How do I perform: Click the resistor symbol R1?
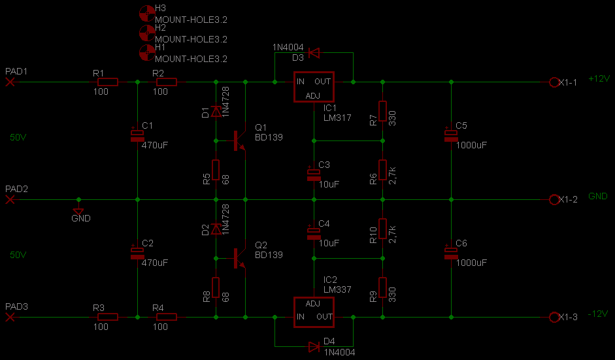coord(107,82)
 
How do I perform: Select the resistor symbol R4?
coord(166,317)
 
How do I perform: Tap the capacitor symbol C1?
coord(137,135)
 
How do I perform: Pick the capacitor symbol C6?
coord(451,253)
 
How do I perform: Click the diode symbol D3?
coord(314,52)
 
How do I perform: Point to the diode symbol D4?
coord(314,347)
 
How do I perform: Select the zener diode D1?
coord(216,111)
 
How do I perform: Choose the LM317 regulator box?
coord(314,87)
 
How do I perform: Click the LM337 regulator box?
coord(314,312)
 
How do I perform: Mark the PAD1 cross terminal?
coord(10,82)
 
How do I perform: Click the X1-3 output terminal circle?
coord(554,317)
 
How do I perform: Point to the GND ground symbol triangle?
coord(78,212)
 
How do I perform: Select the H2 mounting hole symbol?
coord(147,33)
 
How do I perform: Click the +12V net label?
coord(599,78)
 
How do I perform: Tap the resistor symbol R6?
coord(382,170)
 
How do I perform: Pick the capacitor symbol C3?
coord(314,174)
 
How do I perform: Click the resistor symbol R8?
coord(216,287)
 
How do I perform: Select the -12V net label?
coord(598,314)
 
